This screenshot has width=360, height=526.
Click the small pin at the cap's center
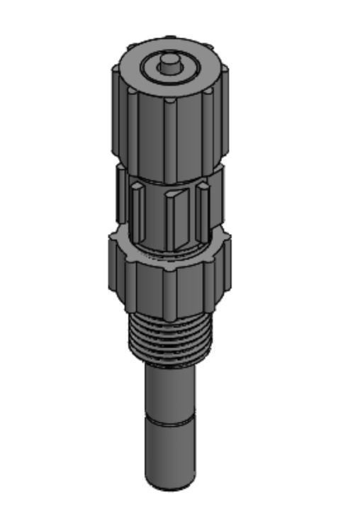click(169, 62)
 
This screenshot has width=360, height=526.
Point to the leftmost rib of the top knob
click(116, 110)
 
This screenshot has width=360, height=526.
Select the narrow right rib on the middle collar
click(203, 206)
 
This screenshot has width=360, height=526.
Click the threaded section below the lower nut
click(170, 340)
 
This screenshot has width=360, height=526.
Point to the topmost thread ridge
click(170, 322)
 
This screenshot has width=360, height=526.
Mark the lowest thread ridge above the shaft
click(170, 360)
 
